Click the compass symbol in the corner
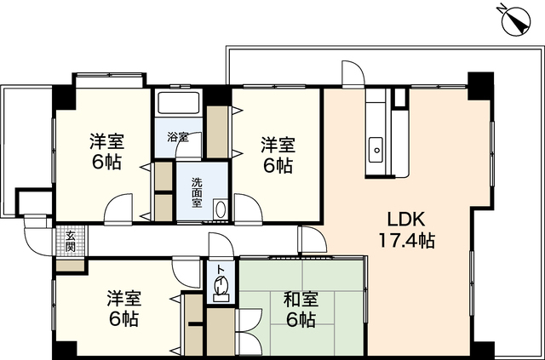pyautogui.click(x=515, y=19)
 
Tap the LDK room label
pyautogui.click(x=406, y=217)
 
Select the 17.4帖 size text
pyautogui.click(x=406, y=240)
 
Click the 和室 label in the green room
pyautogui.click(x=301, y=299)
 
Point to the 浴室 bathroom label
pyautogui.click(x=177, y=136)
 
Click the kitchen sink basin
pyautogui.click(x=376, y=151)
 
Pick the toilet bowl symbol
pyautogui.click(x=221, y=290)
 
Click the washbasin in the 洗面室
pyautogui.click(x=221, y=208)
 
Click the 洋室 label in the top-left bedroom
pyautogui.click(x=107, y=141)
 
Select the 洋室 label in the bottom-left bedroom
pyautogui.click(x=124, y=299)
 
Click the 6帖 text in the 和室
pyautogui.click(x=301, y=320)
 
